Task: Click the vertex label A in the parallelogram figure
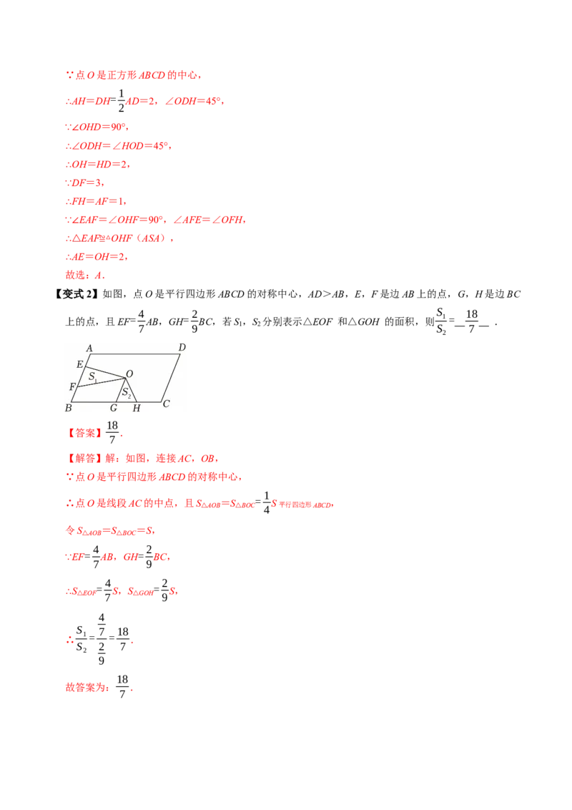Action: pos(89,348)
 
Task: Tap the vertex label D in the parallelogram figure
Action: pos(182,347)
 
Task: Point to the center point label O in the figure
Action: pos(129,374)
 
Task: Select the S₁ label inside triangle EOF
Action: pos(93,376)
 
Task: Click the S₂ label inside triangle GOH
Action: pos(127,393)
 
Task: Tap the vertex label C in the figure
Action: pos(166,404)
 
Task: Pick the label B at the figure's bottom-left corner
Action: pos(68,408)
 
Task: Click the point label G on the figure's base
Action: pos(114,408)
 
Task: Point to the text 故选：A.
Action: pos(85,275)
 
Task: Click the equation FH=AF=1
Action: pos(96,201)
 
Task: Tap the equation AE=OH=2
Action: pos(97,257)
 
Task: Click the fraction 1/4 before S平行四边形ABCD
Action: pos(267,502)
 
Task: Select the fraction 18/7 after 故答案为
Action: pos(122,686)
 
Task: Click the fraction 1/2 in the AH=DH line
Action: pos(122,101)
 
